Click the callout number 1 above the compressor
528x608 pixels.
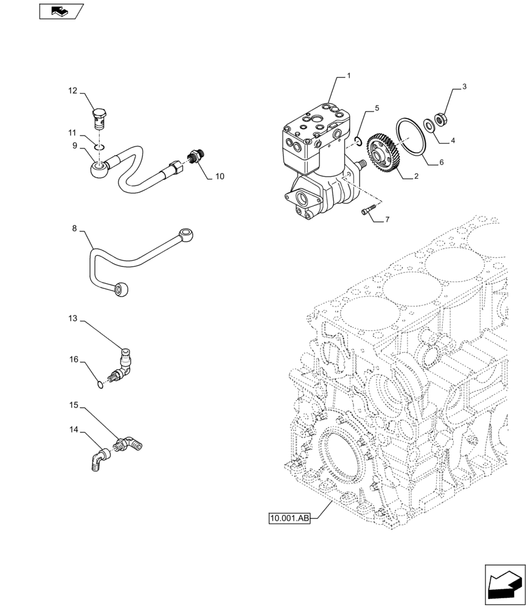[x=349, y=77]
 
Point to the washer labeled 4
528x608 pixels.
[x=429, y=125]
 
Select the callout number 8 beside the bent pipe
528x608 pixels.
[x=74, y=229]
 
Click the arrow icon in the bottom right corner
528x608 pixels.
[x=505, y=584]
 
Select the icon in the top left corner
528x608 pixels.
[x=61, y=10]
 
